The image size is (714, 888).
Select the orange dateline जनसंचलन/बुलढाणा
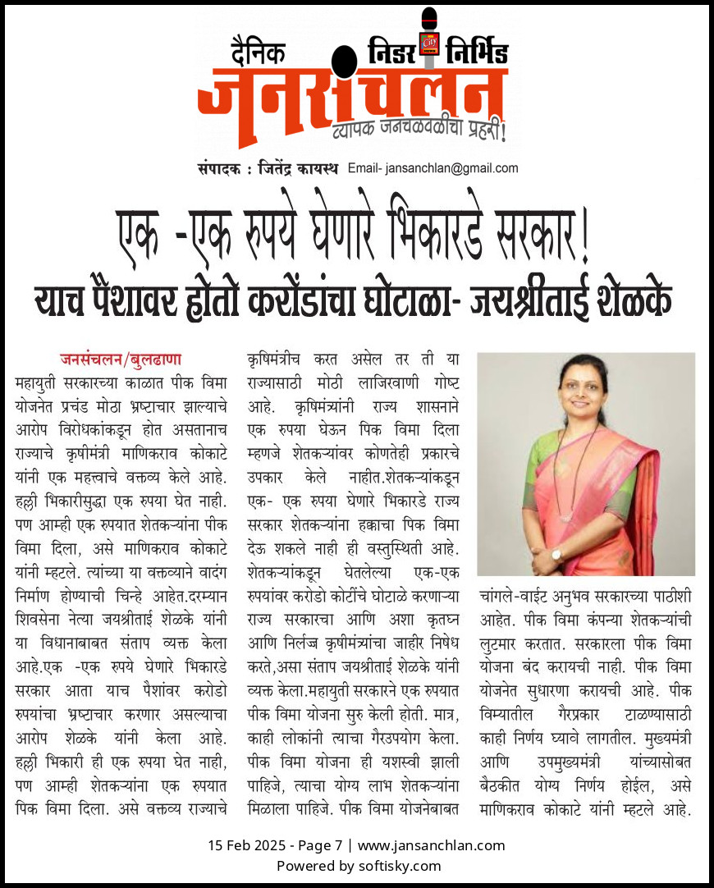click(x=120, y=359)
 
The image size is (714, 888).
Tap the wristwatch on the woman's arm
click(x=557, y=554)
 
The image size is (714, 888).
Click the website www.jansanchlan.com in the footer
click(x=432, y=845)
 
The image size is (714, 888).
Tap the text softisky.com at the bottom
click(x=400, y=866)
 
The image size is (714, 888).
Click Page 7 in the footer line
click(x=322, y=845)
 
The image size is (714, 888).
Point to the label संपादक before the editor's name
click(x=218, y=169)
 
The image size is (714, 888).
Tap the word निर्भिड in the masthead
click(x=476, y=52)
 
